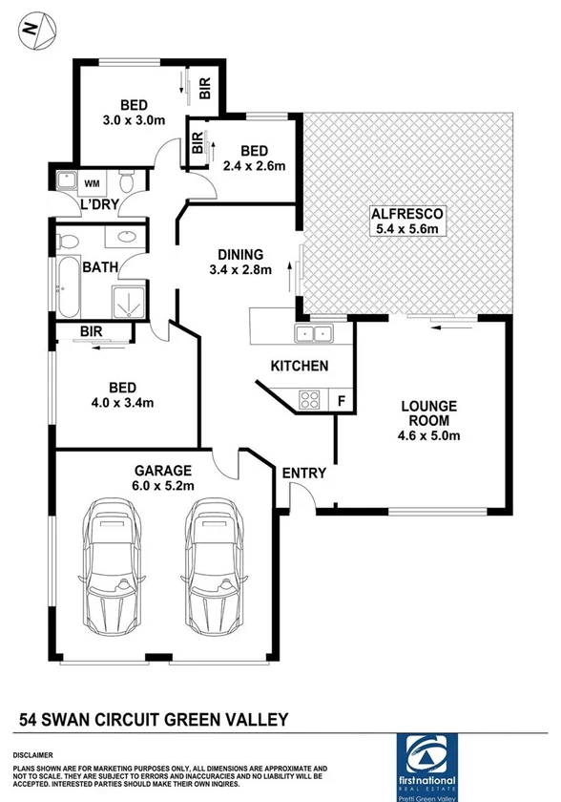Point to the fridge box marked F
[x=342, y=400]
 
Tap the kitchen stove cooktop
[x=311, y=398]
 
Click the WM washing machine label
[x=93, y=182]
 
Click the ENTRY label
[x=303, y=473]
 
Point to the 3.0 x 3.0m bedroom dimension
[x=134, y=121]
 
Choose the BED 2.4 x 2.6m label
[x=255, y=158]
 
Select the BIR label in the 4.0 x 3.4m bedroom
[x=93, y=332]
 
